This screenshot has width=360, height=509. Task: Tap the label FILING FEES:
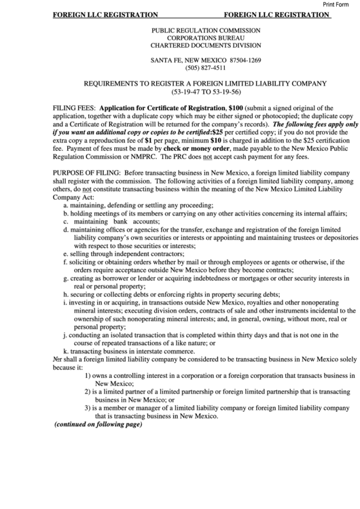[74, 108]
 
